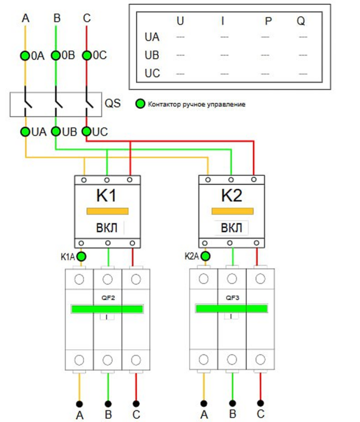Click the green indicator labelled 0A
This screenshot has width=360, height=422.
click(25, 55)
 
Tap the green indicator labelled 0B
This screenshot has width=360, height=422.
click(55, 55)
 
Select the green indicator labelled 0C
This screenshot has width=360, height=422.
click(87, 55)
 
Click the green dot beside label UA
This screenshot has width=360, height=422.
click(25, 132)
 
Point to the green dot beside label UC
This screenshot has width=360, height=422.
click(87, 132)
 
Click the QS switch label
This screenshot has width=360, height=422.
click(113, 102)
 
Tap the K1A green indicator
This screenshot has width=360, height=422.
click(81, 257)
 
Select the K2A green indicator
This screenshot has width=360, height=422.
click(205, 257)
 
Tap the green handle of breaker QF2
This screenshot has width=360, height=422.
click(108, 309)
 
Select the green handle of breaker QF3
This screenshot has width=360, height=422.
click(232, 309)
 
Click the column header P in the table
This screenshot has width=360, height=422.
click(269, 22)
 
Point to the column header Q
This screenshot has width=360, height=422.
click(301, 22)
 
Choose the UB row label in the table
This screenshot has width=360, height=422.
click(152, 55)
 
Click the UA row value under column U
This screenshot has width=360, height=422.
click(181, 37)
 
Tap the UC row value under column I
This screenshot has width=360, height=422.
click(224, 73)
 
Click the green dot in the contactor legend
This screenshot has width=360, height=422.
click(140, 104)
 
